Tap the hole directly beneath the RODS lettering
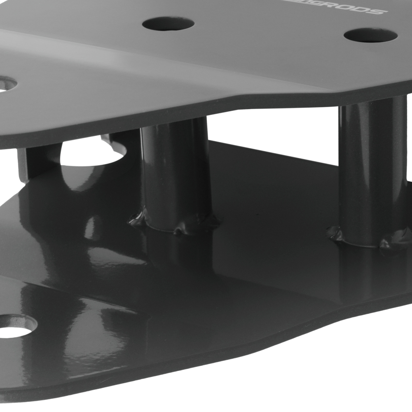pyautogui.click(x=370, y=35)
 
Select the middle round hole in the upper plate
pyautogui.click(x=168, y=23)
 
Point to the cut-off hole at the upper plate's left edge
pyautogui.click(x=6, y=84)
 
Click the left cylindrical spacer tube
pyautogui.click(x=175, y=173)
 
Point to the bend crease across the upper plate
pyautogui.click(x=165, y=58)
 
